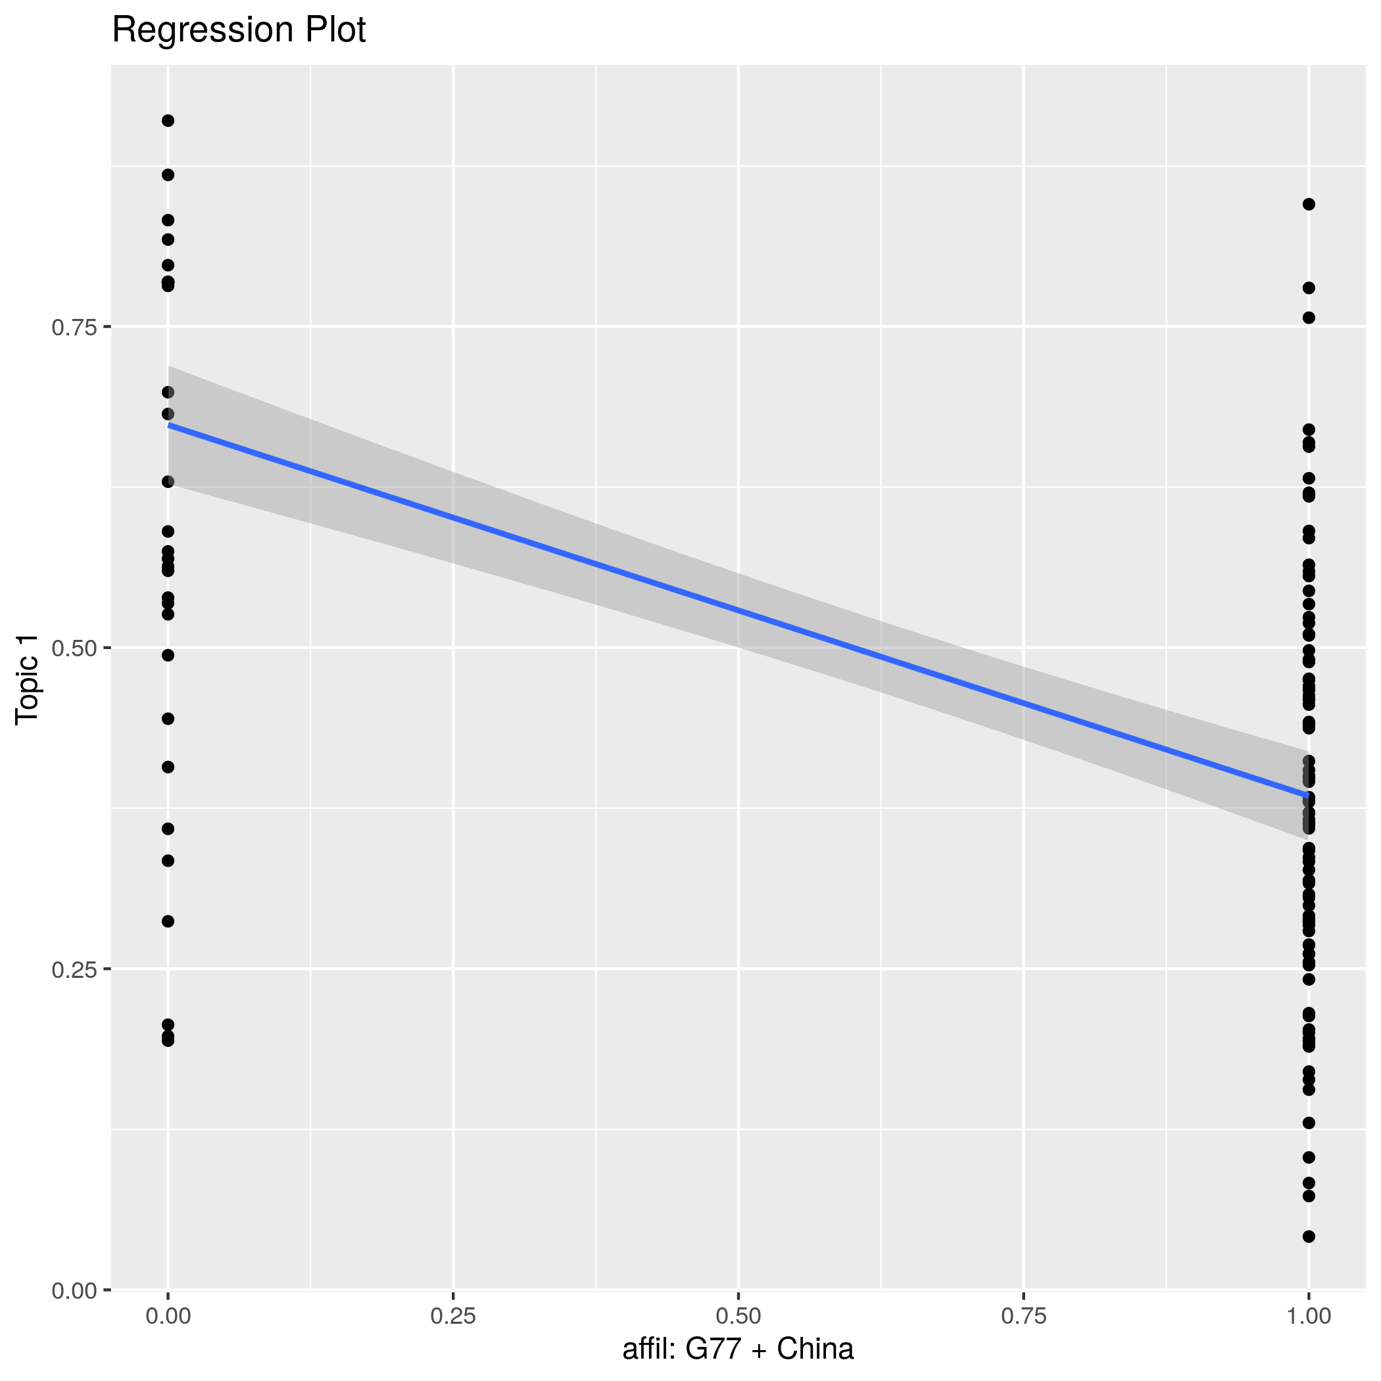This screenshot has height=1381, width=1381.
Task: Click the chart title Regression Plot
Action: [239, 31]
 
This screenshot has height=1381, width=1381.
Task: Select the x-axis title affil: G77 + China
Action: [738, 1349]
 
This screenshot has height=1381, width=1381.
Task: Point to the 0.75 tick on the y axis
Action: [74, 327]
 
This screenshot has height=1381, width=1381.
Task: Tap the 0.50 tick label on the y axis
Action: [74, 648]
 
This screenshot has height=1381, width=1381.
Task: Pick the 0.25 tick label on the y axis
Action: [74, 969]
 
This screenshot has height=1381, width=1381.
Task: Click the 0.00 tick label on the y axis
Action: [74, 1290]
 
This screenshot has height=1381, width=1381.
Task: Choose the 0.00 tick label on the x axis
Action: [168, 1316]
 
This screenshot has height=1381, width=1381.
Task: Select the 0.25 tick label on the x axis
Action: [453, 1316]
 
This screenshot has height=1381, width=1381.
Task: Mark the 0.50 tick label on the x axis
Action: [739, 1316]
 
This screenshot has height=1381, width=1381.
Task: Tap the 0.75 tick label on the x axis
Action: [1024, 1316]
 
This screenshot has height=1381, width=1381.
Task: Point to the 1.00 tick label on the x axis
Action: [1309, 1316]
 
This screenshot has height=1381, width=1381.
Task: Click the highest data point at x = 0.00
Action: [168, 121]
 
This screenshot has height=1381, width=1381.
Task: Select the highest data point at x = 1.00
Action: [1309, 205]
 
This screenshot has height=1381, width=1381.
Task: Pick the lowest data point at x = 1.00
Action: [1309, 1236]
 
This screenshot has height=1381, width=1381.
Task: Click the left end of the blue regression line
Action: [169, 425]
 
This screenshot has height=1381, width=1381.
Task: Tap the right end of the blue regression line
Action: [1308, 795]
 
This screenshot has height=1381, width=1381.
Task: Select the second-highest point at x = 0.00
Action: [168, 175]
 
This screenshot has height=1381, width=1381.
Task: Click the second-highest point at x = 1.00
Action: [1309, 288]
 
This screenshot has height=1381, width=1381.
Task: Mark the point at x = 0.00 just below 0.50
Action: [168, 656]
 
